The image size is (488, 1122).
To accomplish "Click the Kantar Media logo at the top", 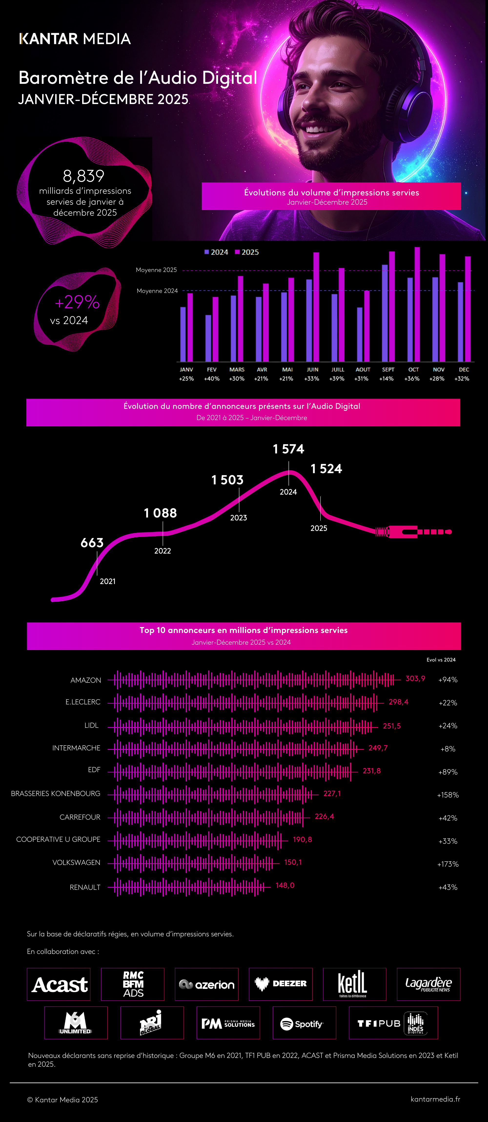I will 75,39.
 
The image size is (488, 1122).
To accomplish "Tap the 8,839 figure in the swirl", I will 84,176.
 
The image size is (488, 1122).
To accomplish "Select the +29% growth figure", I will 77,302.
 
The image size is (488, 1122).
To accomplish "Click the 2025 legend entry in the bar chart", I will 247,252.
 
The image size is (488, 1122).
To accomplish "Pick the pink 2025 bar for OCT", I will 417,304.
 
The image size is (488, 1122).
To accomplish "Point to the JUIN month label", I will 312,369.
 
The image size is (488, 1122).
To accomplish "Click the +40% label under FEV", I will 212,378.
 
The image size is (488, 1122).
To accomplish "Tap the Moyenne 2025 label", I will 156,270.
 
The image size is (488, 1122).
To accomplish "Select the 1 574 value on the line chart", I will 288,449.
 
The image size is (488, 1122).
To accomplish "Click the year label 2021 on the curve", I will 108,582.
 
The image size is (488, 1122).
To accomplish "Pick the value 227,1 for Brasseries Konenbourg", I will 332,794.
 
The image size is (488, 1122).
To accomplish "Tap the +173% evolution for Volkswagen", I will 448,864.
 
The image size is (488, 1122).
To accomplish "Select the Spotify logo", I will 304,1024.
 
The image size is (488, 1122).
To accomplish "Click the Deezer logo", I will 280,984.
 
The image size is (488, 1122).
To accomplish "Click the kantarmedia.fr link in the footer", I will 435,1099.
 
